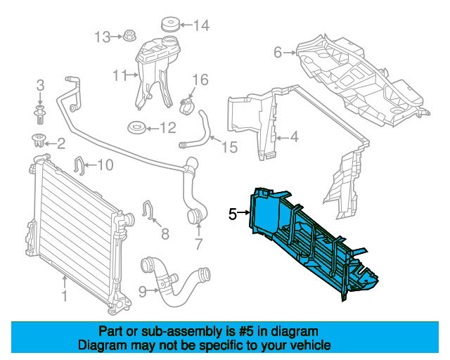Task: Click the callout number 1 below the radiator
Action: (x=64, y=297)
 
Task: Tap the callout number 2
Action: (x=60, y=144)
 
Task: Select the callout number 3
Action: (x=40, y=86)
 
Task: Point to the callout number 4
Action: (x=294, y=137)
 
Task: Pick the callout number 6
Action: (x=278, y=52)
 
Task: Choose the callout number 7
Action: (x=198, y=245)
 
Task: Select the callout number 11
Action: (x=118, y=74)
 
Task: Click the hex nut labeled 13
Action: (x=129, y=36)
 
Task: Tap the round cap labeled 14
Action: (x=169, y=25)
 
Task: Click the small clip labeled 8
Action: (x=148, y=209)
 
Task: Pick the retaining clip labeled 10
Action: (x=80, y=166)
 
